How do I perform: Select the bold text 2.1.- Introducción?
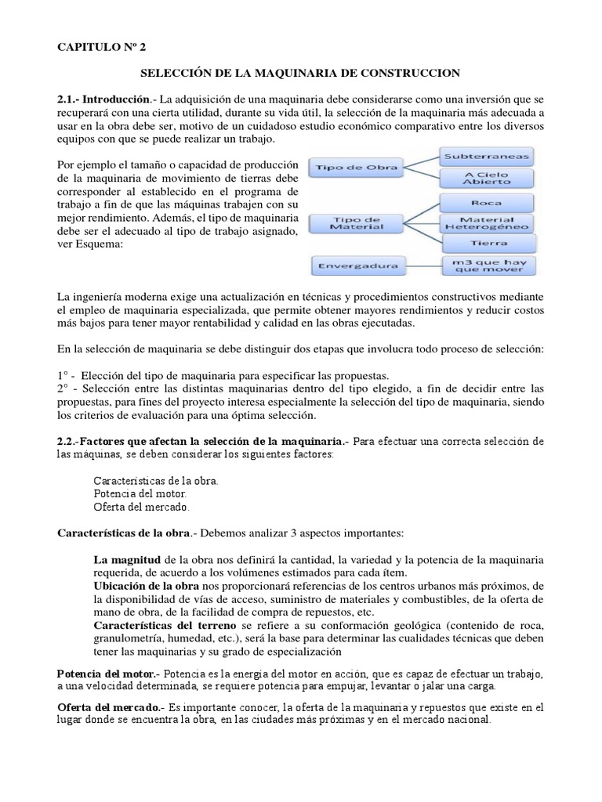coord(103,100)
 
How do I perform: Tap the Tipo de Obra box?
coord(356,167)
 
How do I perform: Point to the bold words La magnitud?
coord(126,561)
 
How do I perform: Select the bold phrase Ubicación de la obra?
coord(146,587)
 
